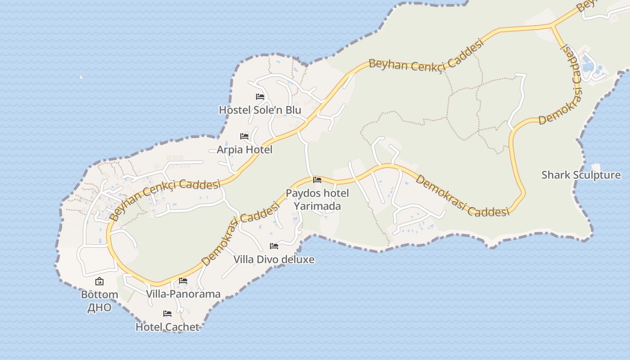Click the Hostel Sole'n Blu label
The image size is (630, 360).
pos(260,110)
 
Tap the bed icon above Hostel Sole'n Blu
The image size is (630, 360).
pos(260,96)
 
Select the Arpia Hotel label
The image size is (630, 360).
pos(244,149)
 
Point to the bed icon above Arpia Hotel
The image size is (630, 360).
pos(244,136)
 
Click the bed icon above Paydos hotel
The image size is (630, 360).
pos(317,180)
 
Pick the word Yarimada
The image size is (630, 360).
pos(317,206)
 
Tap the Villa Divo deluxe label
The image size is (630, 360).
pos(274,259)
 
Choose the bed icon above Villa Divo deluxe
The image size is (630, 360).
pos(274,246)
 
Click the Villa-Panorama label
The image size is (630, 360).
pos(183,294)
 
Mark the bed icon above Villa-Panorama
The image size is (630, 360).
pos(183,280)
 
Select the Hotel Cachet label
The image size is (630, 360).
pos(167,327)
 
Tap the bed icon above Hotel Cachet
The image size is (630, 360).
pos(167,313)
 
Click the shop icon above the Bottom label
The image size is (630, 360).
pos(99,282)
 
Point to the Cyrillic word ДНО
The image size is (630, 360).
pos(99,308)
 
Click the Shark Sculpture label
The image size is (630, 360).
pos(580,175)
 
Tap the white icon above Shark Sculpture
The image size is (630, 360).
pos(595,166)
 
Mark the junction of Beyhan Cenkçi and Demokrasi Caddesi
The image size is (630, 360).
pos(553,25)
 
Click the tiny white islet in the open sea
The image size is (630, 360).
pos(81,77)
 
